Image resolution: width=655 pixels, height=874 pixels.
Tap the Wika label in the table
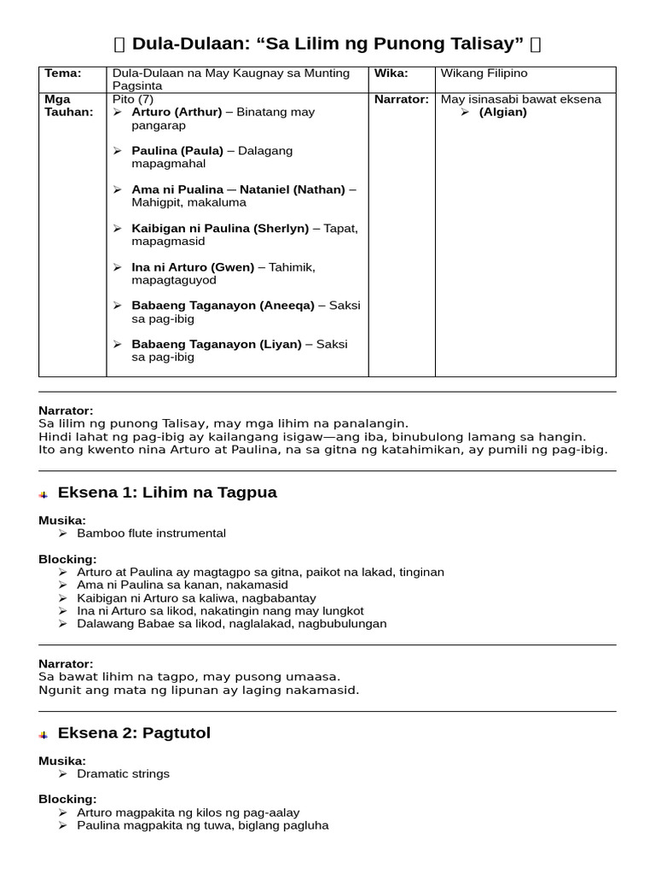(391, 73)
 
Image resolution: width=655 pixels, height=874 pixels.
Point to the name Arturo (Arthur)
(177, 112)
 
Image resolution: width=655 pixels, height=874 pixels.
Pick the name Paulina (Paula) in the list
(177, 150)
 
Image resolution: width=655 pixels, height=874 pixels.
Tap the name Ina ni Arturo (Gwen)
(193, 267)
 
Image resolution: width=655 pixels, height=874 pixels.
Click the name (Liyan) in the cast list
(281, 344)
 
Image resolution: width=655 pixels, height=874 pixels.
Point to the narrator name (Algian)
(503, 112)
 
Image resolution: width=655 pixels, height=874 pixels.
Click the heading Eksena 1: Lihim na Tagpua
(167, 492)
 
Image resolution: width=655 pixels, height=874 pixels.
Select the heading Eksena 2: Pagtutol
(134, 733)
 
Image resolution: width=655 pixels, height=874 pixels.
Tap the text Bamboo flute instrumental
(151, 533)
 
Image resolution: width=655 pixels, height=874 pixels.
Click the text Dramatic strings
(123, 774)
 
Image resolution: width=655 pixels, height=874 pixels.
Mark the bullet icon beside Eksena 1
(43, 494)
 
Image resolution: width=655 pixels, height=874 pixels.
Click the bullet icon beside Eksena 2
(43, 735)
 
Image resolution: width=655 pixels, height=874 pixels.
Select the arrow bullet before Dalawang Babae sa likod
(63, 624)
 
